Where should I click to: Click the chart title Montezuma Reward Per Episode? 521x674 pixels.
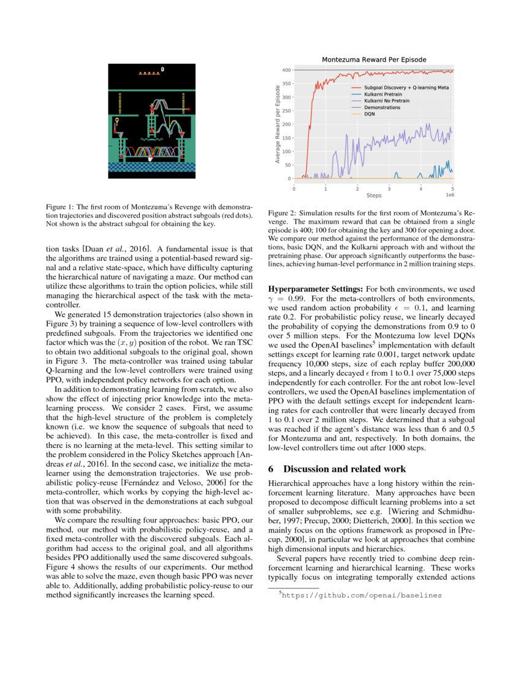coord(374,59)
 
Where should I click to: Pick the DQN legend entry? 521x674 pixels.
coord(370,114)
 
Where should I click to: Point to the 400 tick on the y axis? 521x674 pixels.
coord(286,70)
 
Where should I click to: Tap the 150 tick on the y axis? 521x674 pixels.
coord(286,138)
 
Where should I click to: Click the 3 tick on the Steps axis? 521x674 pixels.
coord(389,189)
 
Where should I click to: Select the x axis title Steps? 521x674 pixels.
coord(373,195)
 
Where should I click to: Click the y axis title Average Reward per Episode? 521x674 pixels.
coord(278,125)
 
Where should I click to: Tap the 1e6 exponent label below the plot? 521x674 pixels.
coord(449,195)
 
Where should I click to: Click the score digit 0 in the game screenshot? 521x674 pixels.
coord(162,69)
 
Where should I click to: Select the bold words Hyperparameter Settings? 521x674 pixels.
coord(316,287)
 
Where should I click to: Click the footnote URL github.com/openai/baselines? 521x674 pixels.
coord(361,594)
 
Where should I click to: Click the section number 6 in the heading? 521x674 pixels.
coord(272,452)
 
